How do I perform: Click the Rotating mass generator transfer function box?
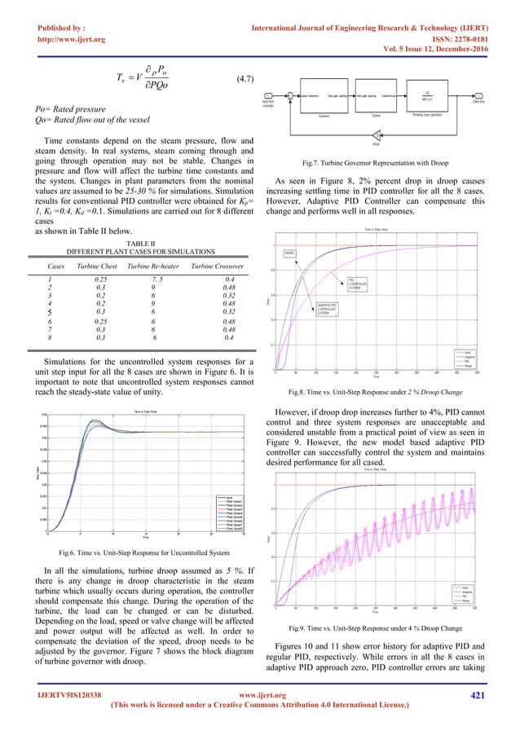click(x=429, y=99)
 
